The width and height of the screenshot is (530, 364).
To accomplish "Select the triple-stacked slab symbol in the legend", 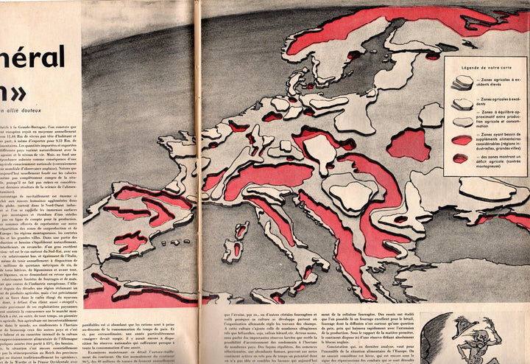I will pos(462,82).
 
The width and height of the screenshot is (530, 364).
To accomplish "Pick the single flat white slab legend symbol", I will pos(461,122).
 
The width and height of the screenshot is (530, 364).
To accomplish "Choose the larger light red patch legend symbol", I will pos(461,139).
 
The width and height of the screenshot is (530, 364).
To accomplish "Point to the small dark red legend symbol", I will pos(460,158).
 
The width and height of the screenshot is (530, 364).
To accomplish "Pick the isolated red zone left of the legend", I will pos(409,144).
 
